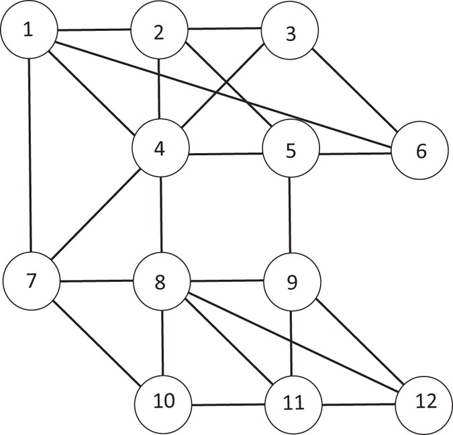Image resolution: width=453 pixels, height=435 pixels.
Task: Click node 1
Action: (x=28, y=31)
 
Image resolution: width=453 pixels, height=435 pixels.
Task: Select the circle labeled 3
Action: (x=291, y=33)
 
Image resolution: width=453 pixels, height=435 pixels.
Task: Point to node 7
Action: (x=30, y=281)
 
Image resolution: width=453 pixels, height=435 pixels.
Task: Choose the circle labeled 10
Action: (x=163, y=403)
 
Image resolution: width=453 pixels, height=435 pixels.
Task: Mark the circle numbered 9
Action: (x=291, y=283)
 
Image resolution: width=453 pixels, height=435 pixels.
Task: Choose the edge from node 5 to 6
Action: (x=356, y=152)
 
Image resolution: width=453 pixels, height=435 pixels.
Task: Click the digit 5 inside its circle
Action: (x=291, y=150)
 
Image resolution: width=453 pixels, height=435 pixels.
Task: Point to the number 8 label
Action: (x=160, y=283)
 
